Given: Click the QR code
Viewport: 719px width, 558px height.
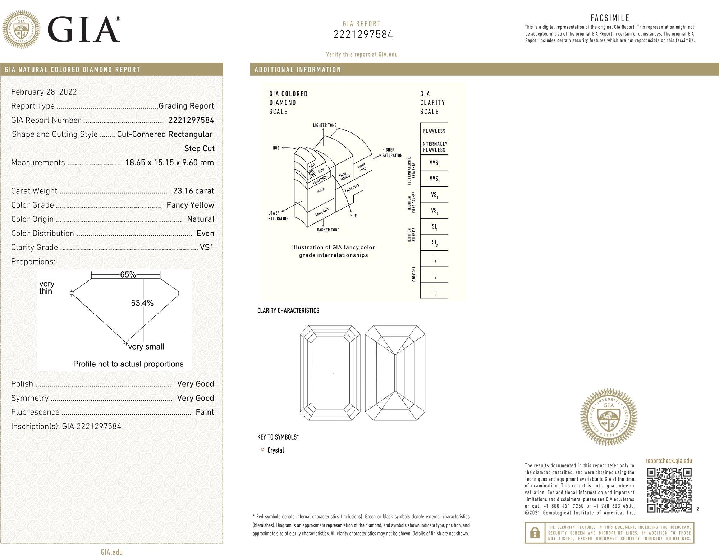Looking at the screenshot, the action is click(669, 490).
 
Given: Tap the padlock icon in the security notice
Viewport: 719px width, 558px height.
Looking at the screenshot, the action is click(535, 532).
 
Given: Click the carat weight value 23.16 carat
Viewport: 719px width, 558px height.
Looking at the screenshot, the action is click(193, 191).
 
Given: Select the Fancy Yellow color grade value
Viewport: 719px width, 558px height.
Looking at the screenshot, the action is click(190, 205).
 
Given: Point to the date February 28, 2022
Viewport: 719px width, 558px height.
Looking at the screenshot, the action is click(44, 92).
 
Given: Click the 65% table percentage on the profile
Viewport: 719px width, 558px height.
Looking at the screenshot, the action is click(128, 275).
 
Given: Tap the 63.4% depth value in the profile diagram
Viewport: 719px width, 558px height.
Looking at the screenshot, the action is click(142, 303).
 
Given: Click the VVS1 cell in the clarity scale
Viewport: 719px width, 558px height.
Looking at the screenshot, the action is click(434, 163).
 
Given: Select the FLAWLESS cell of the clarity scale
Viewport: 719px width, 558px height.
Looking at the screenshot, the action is click(434, 131).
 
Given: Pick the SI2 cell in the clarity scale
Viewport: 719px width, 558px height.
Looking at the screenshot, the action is click(434, 243).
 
